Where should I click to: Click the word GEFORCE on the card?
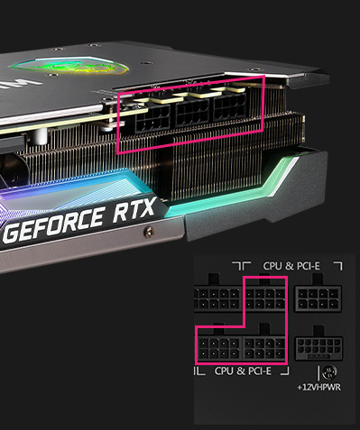tap(54, 224)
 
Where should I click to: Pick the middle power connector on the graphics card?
tap(192, 112)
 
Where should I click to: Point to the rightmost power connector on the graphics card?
tap(230, 105)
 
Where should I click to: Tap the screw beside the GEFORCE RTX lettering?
tap(150, 232)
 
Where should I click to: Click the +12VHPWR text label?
tap(319, 387)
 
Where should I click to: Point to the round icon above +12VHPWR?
tap(329, 373)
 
